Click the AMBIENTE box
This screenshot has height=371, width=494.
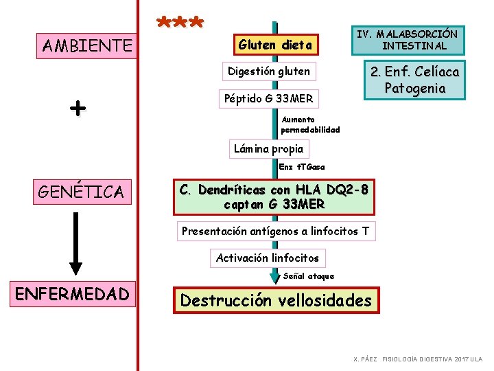click(87, 46)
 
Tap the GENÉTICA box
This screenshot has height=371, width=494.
click(81, 192)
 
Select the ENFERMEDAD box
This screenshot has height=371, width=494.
click(72, 294)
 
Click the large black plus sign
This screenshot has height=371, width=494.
click(78, 108)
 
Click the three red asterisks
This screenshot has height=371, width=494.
click(180, 23)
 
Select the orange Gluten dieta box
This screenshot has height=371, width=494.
click(275, 45)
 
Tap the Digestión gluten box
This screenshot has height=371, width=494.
click(269, 71)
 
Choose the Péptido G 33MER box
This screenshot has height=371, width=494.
click(269, 99)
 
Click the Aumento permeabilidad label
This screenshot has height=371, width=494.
click(310, 124)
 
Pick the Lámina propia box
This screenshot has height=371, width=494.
click(268, 148)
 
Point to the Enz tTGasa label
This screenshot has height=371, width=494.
click(302, 167)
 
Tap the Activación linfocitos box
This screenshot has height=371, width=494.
click(268, 258)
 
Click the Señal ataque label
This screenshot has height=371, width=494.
click(309, 276)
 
